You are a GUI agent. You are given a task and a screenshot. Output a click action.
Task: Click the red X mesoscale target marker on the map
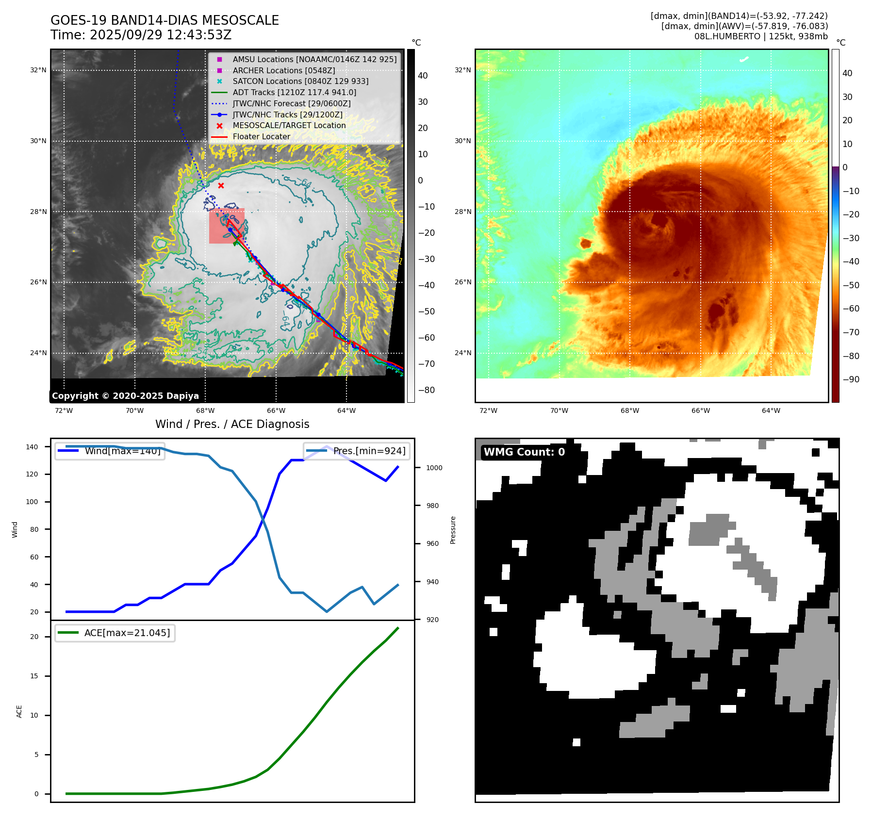tap(221, 186)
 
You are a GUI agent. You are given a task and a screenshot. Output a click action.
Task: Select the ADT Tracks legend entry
tap(294, 92)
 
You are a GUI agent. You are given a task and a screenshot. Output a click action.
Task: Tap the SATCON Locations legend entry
tap(300, 81)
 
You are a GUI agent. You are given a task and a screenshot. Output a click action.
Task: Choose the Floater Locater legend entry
tap(261, 136)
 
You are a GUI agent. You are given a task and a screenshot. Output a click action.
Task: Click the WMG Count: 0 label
tap(524, 452)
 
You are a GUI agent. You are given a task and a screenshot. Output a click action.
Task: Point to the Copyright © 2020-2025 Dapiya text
tap(125, 396)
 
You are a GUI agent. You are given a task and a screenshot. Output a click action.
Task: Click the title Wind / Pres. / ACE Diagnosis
tap(232, 424)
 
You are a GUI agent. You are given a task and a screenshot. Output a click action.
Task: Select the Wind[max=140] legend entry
tap(122, 451)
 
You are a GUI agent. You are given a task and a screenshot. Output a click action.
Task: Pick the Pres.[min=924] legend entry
tap(369, 451)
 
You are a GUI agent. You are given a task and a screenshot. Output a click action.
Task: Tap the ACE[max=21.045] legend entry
tap(127, 633)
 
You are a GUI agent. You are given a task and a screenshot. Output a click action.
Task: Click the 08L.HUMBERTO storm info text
tap(761, 36)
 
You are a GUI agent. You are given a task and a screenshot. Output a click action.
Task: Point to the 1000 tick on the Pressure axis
tap(434, 468)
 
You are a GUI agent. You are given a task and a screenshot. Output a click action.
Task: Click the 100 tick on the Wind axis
tap(32, 502)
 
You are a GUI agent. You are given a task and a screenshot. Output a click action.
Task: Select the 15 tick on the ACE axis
tap(34, 676)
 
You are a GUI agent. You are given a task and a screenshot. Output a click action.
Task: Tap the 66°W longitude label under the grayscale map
tap(276, 410)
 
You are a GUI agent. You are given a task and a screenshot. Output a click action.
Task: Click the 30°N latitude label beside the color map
tap(462, 141)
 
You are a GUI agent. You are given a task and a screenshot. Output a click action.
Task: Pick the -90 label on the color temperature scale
tap(851, 379)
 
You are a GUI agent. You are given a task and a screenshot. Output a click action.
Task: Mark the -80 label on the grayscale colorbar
tap(427, 390)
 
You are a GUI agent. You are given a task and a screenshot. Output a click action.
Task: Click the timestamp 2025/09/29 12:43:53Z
tap(160, 35)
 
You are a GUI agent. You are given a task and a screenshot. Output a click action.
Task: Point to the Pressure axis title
tap(453, 530)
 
